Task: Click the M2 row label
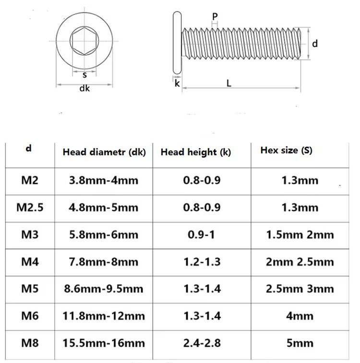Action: pyautogui.click(x=30, y=180)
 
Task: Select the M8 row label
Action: pyautogui.click(x=30, y=343)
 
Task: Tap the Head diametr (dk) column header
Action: pyautogui.click(x=104, y=152)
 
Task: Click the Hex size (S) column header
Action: pyautogui.click(x=287, y=150)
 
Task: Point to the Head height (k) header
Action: pyautogui.click(x=196, y=152)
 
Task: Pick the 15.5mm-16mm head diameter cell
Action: pyautogui.click(x=104, y=343)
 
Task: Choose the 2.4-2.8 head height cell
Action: pyautogui.click(x=202, y=343)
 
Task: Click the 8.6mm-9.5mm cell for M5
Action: pyautogui.click(x=104, y=289)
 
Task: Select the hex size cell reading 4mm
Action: pyautogui.click(x=300, y=316)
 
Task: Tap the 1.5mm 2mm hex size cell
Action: pyautogui.click(x=300, y=234)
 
